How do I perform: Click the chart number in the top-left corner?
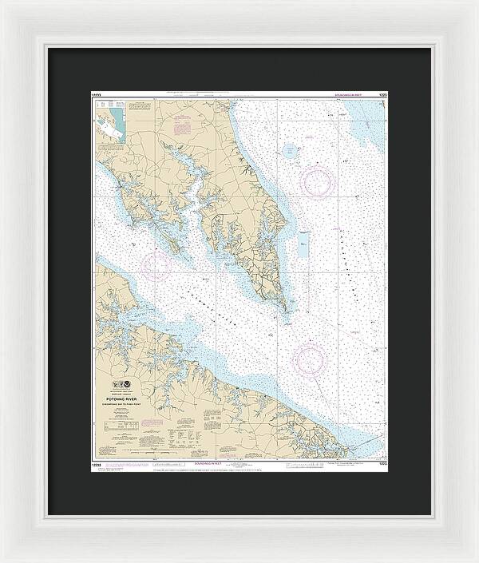click(x=98, y=94)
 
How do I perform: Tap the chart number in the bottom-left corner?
click(x=98, y=463)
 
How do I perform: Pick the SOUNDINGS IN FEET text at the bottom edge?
click(x=209, y=463)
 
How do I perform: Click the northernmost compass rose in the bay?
click(x=317, y=181)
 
